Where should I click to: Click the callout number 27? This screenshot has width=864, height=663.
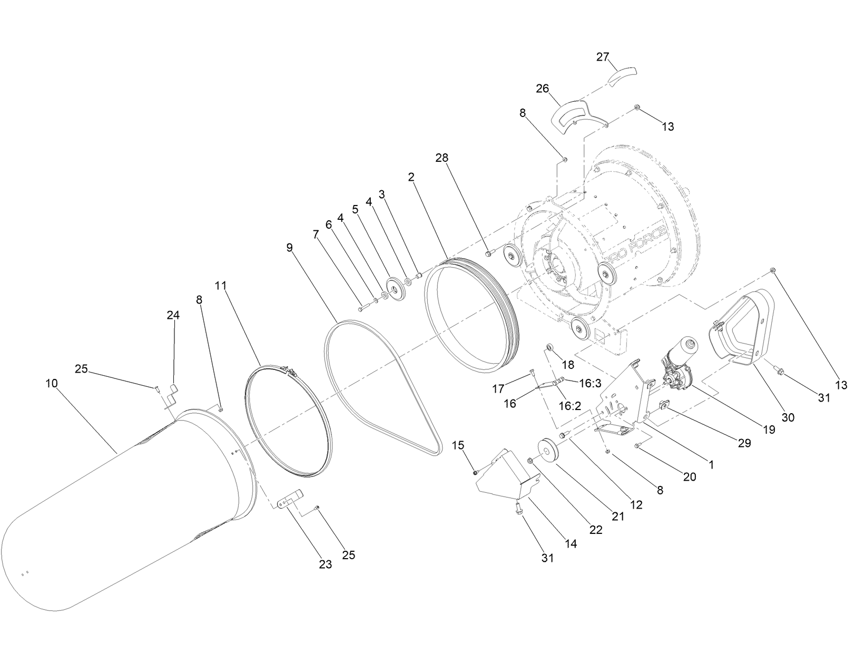pyautogui.click(x=603, y=57)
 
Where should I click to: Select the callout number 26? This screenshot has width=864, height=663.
pyautogui.click(x=543, y=88)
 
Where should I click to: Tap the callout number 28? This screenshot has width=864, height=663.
pyautogui.click(x=442, y=157)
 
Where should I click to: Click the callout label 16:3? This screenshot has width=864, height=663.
pyautogui.click(x=590, y=384)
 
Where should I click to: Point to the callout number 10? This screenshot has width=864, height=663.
pyautogui.click(x=51, y=383)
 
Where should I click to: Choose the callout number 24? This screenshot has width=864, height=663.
pyautogui.click(x=173, y=315)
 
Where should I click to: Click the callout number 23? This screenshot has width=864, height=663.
pyautogui.click(x=326, y=564)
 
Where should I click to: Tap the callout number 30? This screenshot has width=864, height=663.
pyautogui.click(x=788, y=417)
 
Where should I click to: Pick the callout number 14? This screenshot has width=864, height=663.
pyautogui.click(x=570, y=543)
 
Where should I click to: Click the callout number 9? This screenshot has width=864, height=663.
pyautogui.click(x=289, y=247)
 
